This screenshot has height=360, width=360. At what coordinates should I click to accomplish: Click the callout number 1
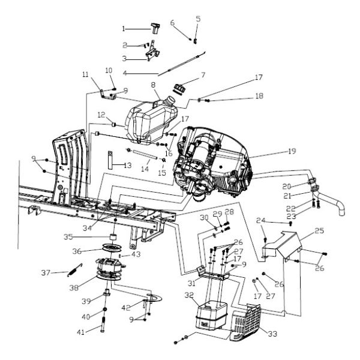124,28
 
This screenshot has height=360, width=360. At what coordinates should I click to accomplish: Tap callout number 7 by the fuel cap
203,76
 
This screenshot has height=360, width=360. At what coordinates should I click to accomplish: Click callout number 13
127,164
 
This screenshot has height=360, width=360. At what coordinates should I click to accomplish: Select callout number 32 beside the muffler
189,295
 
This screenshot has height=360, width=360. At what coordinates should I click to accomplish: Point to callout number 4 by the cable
124,73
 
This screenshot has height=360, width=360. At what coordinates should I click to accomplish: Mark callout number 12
101,114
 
